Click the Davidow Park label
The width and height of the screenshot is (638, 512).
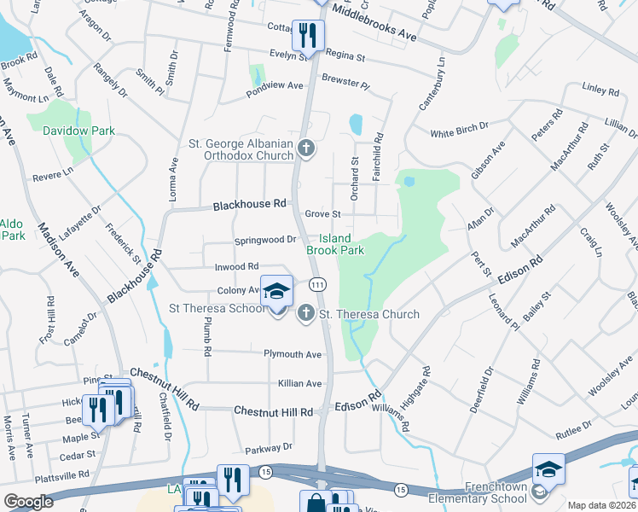78,131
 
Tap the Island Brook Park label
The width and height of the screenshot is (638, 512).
335,245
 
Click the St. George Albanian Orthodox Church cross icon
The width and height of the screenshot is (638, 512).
306,150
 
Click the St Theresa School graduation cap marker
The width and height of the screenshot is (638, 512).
276,292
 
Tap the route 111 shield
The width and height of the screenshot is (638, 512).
316,284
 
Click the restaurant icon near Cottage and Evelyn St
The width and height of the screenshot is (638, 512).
307,35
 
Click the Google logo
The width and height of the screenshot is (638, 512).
29,502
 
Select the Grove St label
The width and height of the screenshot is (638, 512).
322,214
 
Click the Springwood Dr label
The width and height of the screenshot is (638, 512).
265,240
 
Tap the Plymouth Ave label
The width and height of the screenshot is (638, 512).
293,354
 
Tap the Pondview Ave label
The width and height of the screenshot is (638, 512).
275,86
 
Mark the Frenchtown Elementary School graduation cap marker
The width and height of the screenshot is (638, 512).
548,468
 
